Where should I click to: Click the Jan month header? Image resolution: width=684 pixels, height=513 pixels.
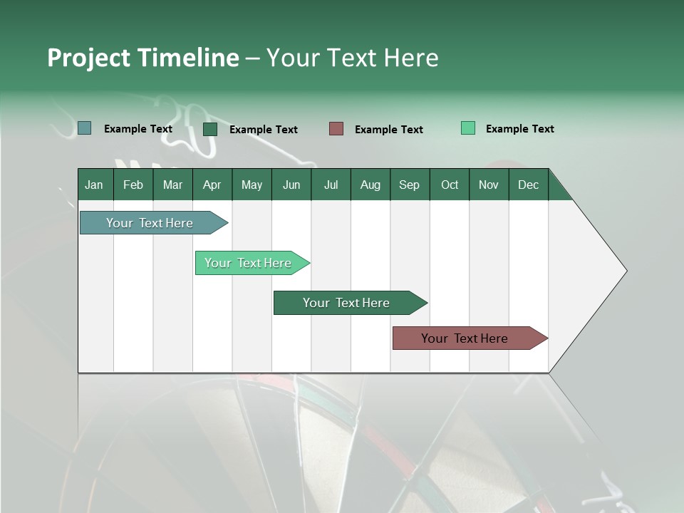pos(94,185)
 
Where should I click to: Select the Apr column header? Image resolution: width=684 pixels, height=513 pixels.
pos(212,185)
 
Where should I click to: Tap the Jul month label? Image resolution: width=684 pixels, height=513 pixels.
pos(331,185)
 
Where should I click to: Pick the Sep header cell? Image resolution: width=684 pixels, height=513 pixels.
pos(409,185)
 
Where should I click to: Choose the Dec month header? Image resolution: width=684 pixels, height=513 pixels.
pos(528,185)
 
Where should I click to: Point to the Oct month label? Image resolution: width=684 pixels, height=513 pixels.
pos(450,185)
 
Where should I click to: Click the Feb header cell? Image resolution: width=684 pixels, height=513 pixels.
pos(133,185)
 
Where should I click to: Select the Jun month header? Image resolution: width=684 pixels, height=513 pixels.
pos(291,185)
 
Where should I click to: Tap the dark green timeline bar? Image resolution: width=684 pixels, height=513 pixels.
pos(347,303)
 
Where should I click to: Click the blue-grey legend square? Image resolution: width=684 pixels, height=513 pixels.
pos(84,128)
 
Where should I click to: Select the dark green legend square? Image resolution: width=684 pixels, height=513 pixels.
pos(210,129)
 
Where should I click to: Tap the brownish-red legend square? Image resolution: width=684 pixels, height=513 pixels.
pos(336,128)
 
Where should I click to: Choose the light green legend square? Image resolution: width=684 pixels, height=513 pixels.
pos(468,128)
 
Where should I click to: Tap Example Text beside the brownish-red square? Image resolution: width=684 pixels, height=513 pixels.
pos(388,129)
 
